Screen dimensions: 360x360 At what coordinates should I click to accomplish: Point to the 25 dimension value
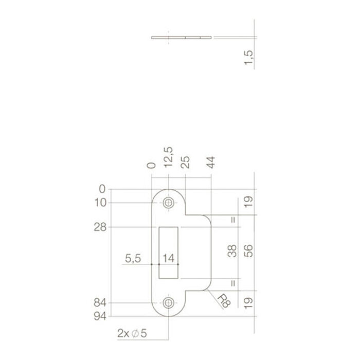tap(185, 163)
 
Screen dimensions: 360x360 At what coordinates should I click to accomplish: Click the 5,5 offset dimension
tap(133, 258)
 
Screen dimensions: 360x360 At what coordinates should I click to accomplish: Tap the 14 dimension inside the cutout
tap(169, 258)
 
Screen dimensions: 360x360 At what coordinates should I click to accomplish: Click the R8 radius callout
tap(221, 299)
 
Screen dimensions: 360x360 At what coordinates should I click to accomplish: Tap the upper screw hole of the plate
tap(168, 203)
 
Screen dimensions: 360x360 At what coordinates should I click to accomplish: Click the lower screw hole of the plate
tap(168, 303)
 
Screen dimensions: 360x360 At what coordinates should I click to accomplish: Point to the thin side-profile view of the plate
tap(182, 37)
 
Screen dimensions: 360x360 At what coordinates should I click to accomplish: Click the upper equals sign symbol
tap(233, 221)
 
